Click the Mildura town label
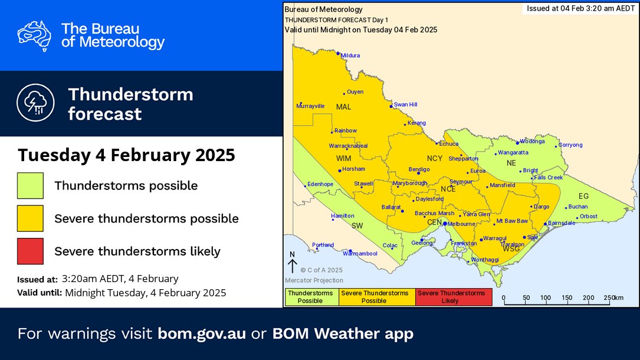(350, 55)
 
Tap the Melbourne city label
(461, 224)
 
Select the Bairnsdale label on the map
(561, 223)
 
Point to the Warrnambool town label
(360, 254)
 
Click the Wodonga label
(532, 142)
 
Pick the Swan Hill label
(405, 104)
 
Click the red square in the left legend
(30, 251)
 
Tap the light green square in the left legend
(30, 185)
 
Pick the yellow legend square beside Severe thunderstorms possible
(30, 218)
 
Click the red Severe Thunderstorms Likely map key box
(454, 297)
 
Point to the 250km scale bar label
(614, 297)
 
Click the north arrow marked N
(292, 262)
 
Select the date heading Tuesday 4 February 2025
(126, 155)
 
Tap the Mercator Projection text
(313, 280)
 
